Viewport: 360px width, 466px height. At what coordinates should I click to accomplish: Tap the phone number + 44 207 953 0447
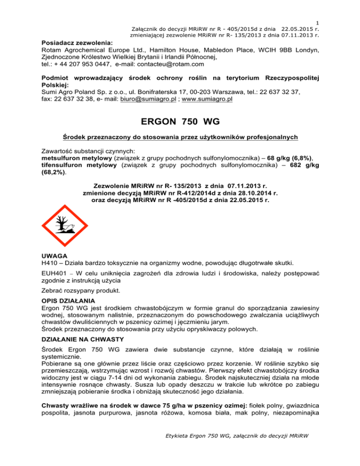[82, 64]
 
